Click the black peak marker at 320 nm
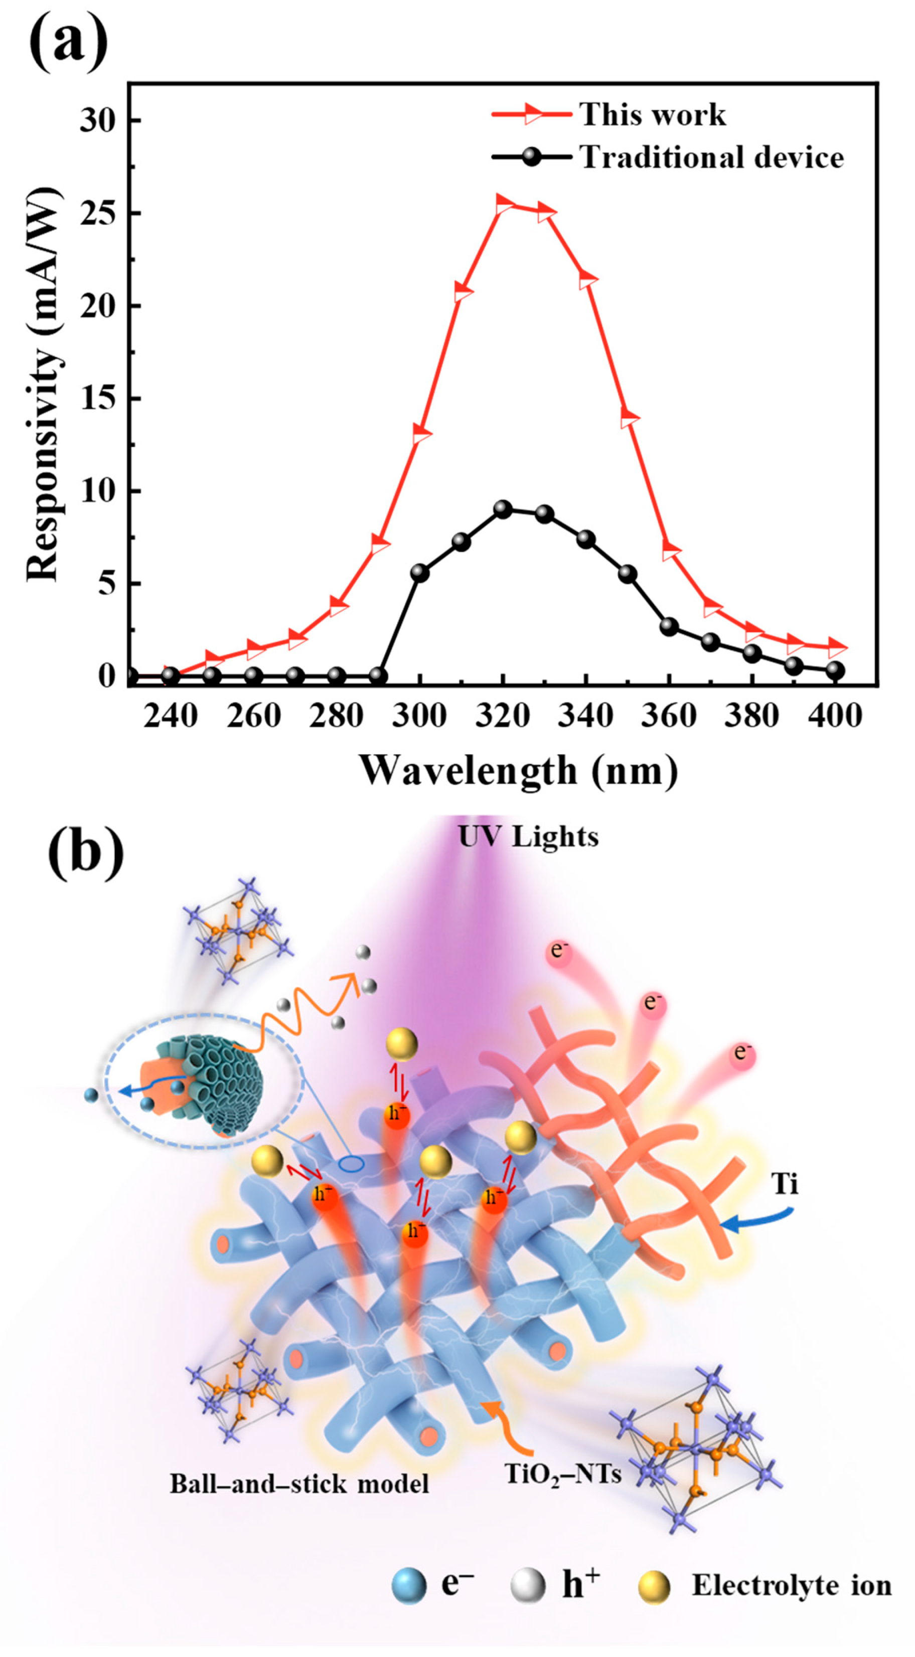(x=503, y=509)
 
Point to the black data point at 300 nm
(x=419, y=573)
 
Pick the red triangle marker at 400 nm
(x=835, y=646)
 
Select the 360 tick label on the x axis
(x=669, y=716)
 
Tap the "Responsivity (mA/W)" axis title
(x=44, y=385)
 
